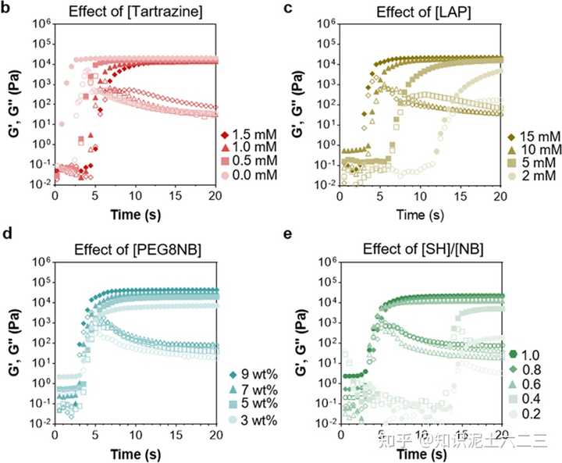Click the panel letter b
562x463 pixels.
(6, 9)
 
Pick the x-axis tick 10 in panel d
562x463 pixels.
(136, 434)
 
